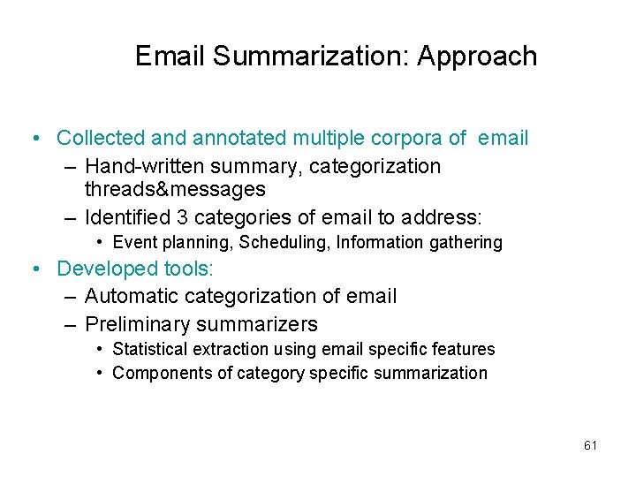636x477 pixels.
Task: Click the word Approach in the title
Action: (x=477, y=57)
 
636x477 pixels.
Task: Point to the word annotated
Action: (x=238, y=138)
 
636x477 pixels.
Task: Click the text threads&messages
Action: (x=175, y=189)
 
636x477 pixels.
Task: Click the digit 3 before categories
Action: (x=182, y=217)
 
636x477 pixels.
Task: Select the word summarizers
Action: (x=264, y=324)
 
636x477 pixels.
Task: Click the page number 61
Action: (x=591, y=445)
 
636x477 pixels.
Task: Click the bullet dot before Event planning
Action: (x=102, y=242)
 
